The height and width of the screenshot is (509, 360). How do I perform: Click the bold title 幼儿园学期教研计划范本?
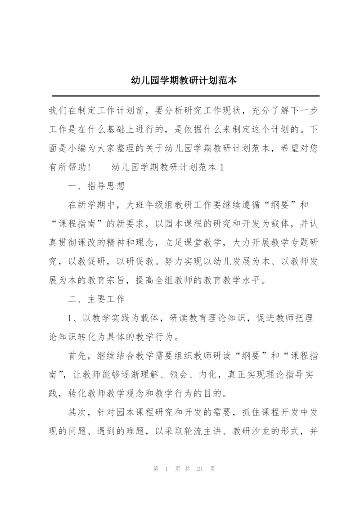[180, 81]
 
